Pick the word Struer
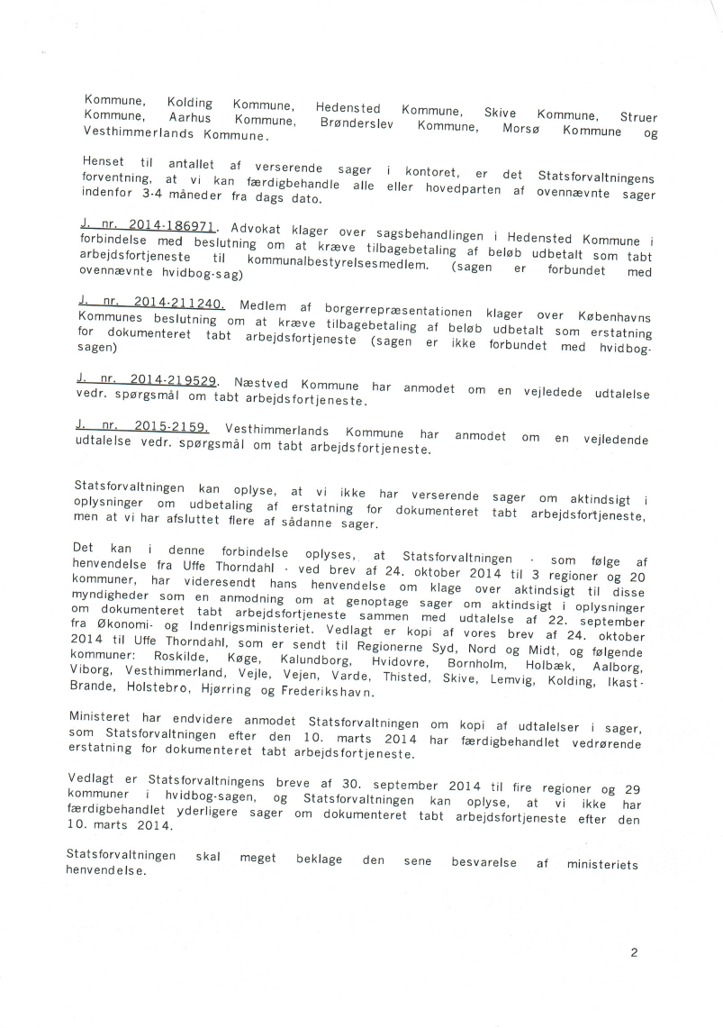pyautogui.click(x=638, y=117)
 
